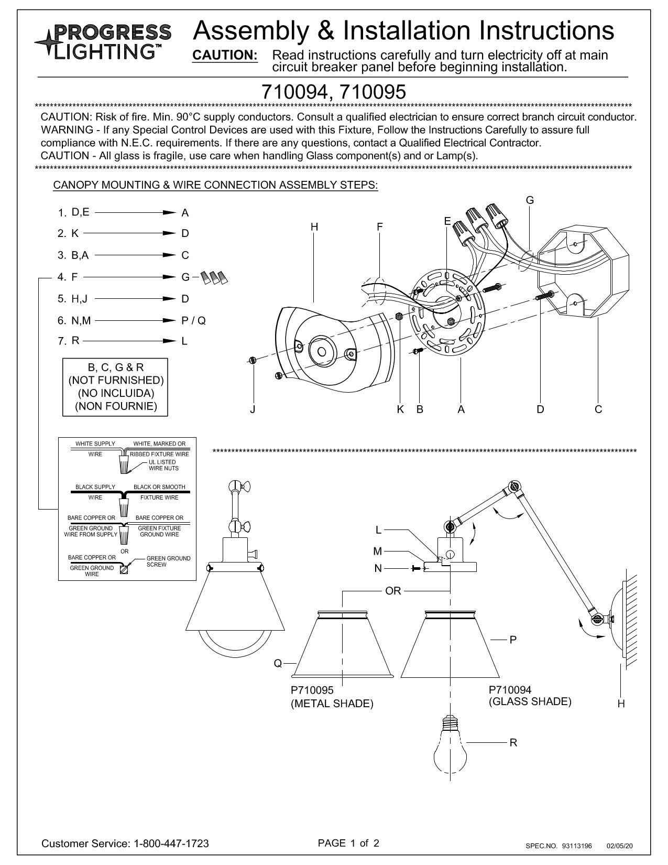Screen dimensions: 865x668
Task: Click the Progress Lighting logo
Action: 103,41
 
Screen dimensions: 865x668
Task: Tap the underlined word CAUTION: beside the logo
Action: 225,56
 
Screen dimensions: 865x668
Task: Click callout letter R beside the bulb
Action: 513,742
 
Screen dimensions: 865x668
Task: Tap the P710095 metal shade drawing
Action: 343,644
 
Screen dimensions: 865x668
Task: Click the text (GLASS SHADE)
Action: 530,701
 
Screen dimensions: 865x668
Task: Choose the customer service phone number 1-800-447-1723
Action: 172,844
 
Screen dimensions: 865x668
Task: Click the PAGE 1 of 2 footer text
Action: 348,843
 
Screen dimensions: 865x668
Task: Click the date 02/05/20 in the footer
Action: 620,846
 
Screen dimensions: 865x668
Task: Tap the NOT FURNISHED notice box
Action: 115,387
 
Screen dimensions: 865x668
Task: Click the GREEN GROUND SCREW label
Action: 168,561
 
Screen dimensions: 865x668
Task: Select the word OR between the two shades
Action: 393,591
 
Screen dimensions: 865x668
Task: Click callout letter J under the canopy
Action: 253,409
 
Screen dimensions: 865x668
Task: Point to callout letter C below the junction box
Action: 598,409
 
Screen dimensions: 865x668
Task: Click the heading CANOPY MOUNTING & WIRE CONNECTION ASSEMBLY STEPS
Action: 215,185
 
